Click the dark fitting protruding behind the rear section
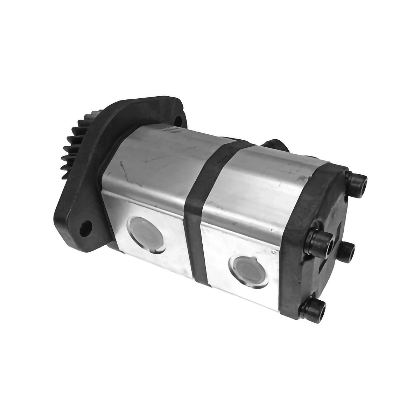pos(276,146)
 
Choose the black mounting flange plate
pos(94,196)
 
